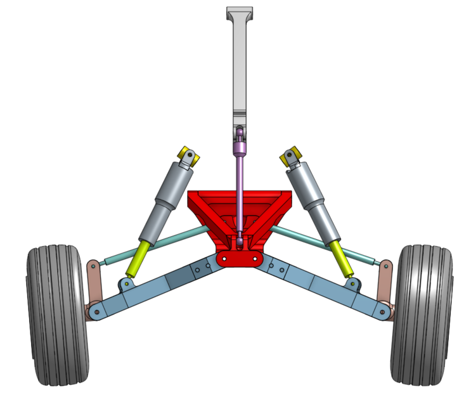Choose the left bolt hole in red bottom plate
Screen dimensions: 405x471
[226, 259]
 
